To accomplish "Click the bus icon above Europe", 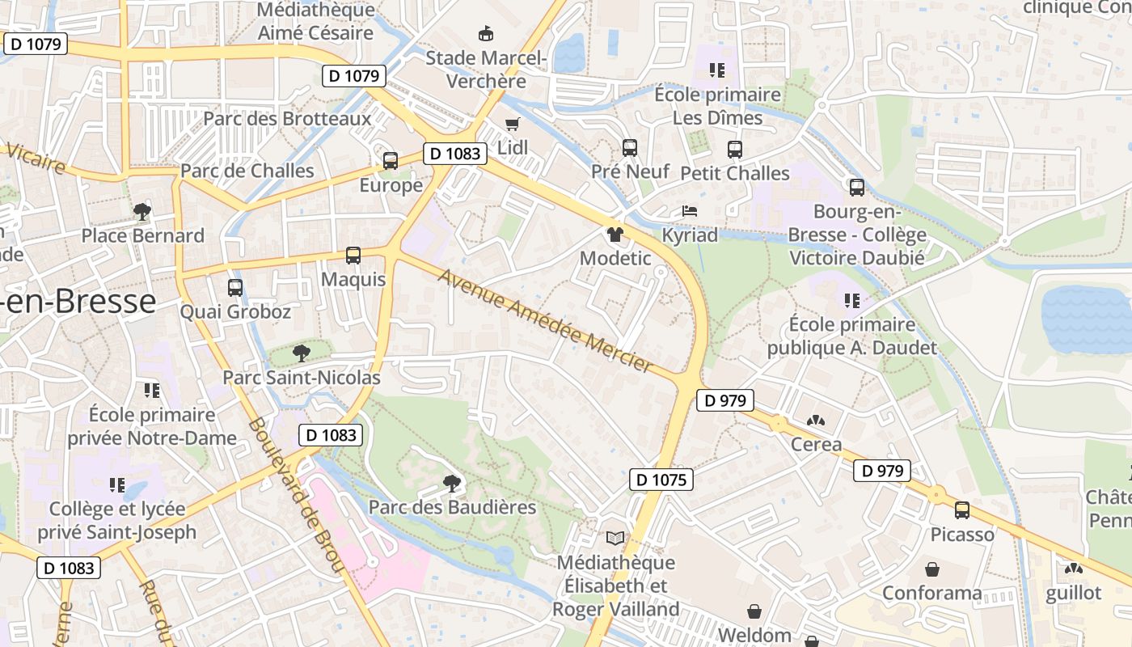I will click(x=391, y=160).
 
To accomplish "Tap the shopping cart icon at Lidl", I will click(x=512, y=124).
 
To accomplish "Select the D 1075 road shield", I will click(x=661, y=480).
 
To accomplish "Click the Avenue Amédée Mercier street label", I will click(x=545, y=322).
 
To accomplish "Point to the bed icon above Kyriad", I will click(x=690, y=210).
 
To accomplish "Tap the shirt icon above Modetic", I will click(x=615, y=235).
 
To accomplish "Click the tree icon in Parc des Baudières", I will click(x=452, y=483).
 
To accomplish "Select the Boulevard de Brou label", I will click(x=297, y=495).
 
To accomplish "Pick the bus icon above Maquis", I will click(x=353, y=256).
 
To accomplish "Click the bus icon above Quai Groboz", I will click(x=235, y=287).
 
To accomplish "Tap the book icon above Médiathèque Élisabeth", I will click(x=615, y=538).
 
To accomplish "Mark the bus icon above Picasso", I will click(x=961, y=510).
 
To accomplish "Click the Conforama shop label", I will click(x=931, y=593).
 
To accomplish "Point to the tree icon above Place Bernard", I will click(x=142, y=212).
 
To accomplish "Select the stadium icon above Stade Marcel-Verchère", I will click(x=486, y=33).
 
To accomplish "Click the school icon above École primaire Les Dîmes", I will click(x=716, y=70).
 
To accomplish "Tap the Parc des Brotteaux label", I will click(x=287, y=119).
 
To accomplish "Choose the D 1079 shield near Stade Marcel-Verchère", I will click(x=354, y=76).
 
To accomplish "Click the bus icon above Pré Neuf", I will click(x=630, y=148).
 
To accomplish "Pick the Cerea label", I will click(x=816, y=444).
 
